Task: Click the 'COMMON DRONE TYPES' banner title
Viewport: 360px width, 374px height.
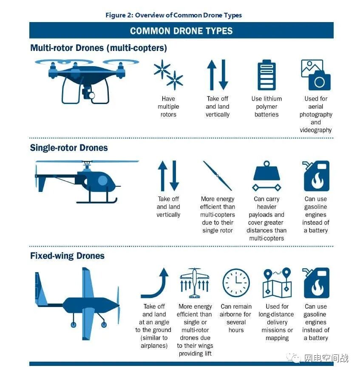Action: pyautogui.click(x=181, y=31)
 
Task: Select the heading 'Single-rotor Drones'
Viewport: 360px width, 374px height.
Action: pyautogui.click(x=69, y=148)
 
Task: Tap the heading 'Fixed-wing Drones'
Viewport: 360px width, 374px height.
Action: pyautogui.click(x=67, y=256)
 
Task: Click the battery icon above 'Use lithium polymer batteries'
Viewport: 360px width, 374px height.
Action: pyautogui.click(x=266, y=75)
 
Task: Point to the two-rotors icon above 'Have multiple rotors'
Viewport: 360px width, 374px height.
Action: pyautogui.click(x=168, y=75)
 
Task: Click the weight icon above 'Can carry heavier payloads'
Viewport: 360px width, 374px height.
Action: pyautogui.click(x=266, y=175)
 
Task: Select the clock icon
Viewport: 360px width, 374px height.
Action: pyautogui.click(x=236, y=283)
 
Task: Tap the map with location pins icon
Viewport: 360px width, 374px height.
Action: pyautogui.click(x=277, y=283)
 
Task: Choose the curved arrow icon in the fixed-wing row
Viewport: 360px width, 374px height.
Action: pyautogui.click(x=155, y=283)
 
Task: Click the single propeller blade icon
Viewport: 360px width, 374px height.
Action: pyautogui.click(x=217, y=175)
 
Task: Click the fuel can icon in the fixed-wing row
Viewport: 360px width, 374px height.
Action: pyautogui.click(x=316, y=283)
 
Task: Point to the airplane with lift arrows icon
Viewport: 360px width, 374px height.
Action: pyautogui.click(x=195, y=283)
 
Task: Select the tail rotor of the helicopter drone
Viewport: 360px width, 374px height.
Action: pyautogui.click(x=36, y=176)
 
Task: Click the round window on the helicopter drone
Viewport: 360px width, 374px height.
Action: pyautogui.click(x=102, y=180)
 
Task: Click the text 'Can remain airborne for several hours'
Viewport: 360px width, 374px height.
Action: pyautogui.click(x=236, y=318)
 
